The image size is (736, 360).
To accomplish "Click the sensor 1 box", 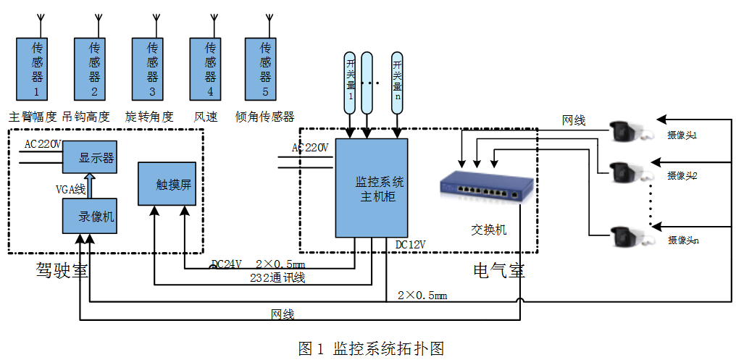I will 35,70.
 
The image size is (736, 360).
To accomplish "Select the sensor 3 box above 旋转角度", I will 151,70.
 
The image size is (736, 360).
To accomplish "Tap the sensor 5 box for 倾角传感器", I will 264,70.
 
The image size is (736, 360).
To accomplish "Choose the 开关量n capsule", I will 397,81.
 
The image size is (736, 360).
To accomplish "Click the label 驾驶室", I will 62,270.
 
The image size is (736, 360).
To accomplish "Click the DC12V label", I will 410,244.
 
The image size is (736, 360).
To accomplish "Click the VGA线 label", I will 70,188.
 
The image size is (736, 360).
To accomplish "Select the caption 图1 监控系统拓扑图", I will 370,348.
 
